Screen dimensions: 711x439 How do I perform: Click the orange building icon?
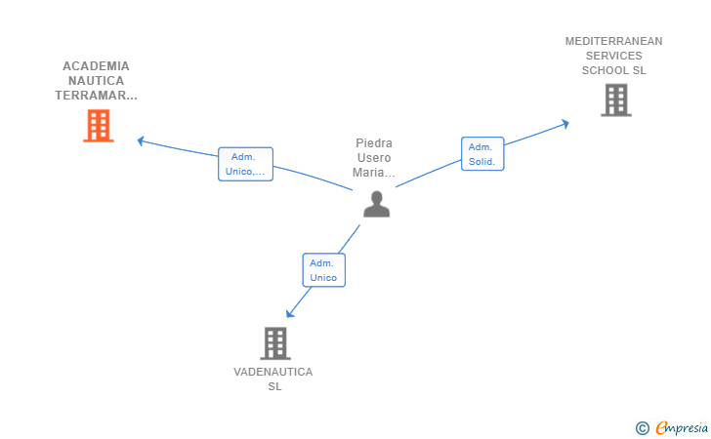(x=99, y=126)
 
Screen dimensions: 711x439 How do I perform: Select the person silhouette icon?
(x=376, y=204)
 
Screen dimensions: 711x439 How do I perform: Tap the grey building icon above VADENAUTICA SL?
(x=275, y=343)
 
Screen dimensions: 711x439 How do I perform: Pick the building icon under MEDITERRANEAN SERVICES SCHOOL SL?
(x=616, y=100)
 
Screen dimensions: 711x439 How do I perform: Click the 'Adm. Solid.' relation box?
(x=482, y=154)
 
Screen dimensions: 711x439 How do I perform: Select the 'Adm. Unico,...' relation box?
(x=245, y=164)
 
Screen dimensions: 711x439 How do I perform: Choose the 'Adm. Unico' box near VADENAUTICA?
(x=324, y=270)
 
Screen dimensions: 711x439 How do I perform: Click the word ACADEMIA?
(x=96, y=66)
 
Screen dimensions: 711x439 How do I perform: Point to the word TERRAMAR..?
(x=91, y=96)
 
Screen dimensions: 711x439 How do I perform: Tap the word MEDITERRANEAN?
(x=613, y=41)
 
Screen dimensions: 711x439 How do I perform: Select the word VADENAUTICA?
(x=273, y=372)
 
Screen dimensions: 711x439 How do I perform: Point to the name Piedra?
(x=374, y=143)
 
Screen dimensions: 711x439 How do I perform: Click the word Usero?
(x=374, y=158)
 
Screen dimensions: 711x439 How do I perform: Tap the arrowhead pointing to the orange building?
(x=141, y=141)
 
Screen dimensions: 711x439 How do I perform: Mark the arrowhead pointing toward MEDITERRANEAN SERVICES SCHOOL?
(x=565, y=124)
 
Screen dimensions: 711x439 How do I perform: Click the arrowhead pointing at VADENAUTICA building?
(x=289, y=313)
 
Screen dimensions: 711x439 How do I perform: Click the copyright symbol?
(x=642, y=428)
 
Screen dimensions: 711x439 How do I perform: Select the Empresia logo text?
(x=682, y=428)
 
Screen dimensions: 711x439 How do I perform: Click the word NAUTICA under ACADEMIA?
(x=96, y=81)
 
